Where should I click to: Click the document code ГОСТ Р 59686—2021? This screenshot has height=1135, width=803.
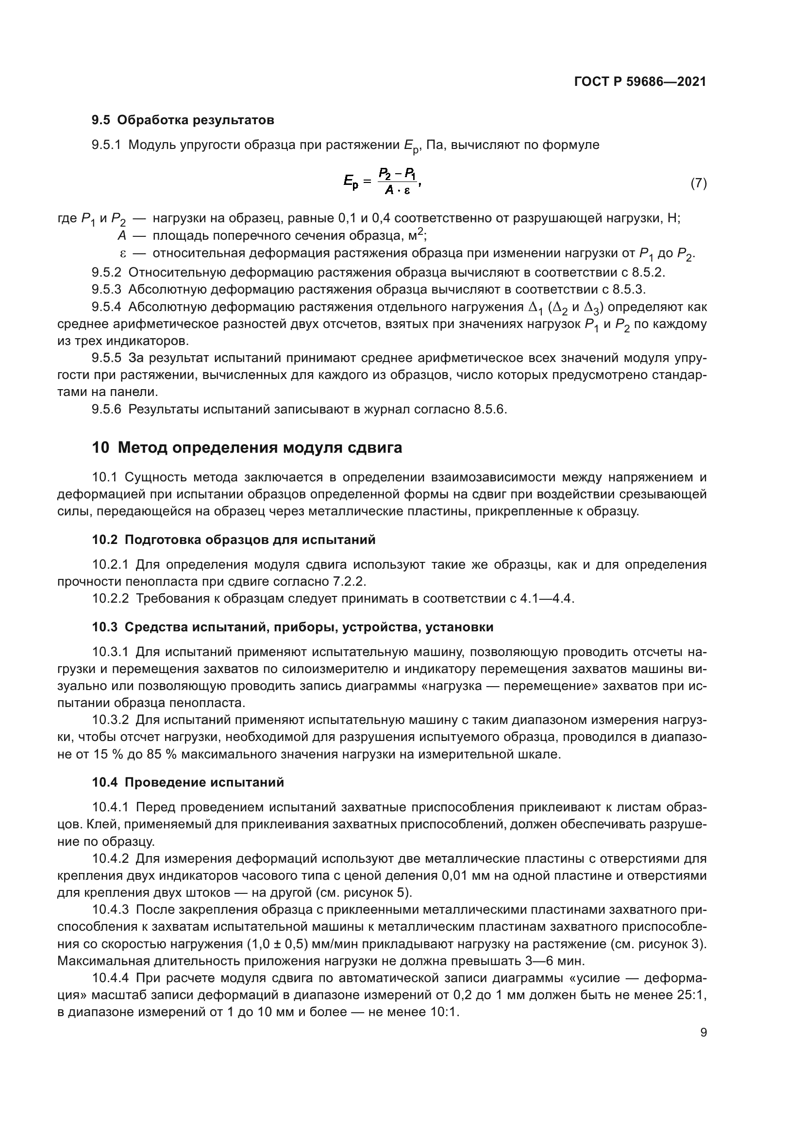(x=640, y=82)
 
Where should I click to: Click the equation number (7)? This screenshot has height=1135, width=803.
(x=698, y=183)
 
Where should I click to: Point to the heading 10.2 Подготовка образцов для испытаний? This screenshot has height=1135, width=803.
(x=234, y=540)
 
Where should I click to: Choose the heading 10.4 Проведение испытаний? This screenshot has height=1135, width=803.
(x=188, y=783)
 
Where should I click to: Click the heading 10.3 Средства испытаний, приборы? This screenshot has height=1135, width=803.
(x=292, y=627)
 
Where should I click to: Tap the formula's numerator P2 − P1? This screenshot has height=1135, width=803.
(x=397, y=174)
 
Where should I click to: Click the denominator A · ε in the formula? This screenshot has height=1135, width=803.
(x=397, y=190)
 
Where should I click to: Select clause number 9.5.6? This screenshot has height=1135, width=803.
(x=106, y=410)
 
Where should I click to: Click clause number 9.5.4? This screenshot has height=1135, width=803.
(x=106, y=307)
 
